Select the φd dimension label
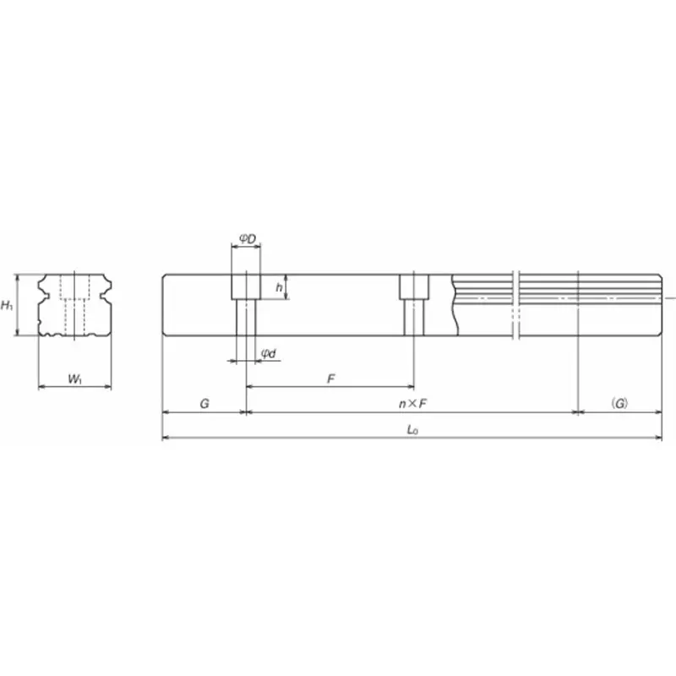coord(268,353)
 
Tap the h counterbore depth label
coord(280,287)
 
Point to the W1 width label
coord(74,380)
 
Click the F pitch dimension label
coord(331,379)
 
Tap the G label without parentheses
coord(204,405)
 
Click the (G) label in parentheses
coord(619,405)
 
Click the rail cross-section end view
coord(74,305)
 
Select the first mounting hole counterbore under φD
coord(246,286)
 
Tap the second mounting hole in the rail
coord(413,304)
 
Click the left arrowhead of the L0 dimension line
coord(165,439)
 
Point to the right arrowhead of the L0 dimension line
coord(659,439)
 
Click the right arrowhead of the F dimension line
coord(410,387)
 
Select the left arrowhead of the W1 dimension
coord(42,388)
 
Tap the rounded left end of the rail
coord(164,305)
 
